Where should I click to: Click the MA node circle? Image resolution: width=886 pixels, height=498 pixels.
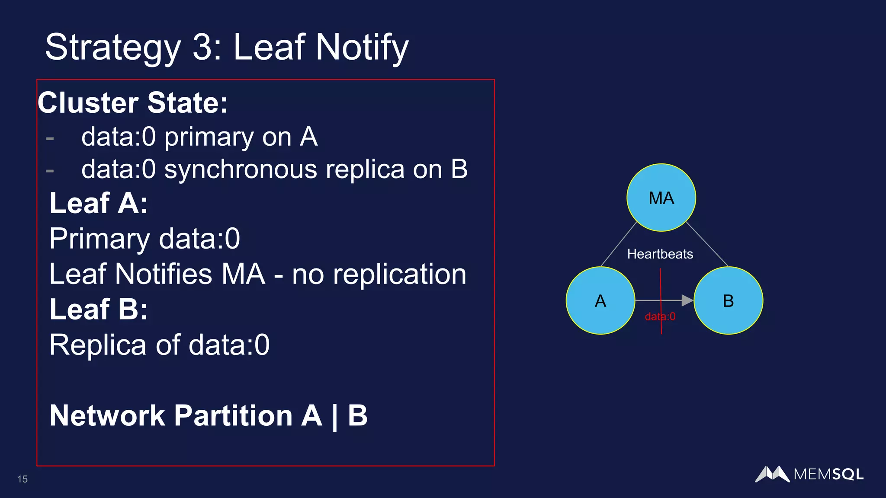pyautogui.click(x=661, y=198)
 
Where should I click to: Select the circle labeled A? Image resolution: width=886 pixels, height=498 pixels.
pyautogui.click(x=600, y=300)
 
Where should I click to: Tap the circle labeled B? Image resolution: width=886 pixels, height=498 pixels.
pyautogui.click(x=728, y=300)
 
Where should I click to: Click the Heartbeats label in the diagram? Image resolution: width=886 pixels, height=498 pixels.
pyautogui.click(x=660, y=254)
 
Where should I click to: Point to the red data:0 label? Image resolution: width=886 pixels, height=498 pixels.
pyautogui.click(x=660, y=317)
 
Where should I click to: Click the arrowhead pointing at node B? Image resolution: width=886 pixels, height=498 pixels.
pyautogui.click(x=687, y=300)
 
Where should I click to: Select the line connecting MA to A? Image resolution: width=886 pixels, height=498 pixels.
pyautogui.click(x=619, y=244)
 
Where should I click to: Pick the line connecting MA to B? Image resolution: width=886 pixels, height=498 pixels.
pyautogui.click(x=707, y=244)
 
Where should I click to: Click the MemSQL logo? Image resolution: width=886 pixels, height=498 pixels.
pyautogui.click(x=809, y=474)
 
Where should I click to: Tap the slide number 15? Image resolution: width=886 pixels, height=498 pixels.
pyautogui.click(x=22, y=479)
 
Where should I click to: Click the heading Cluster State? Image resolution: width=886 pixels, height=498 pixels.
pyautogui.click(x=133, y=103)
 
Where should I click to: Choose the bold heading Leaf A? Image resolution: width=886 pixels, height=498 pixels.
pyautogui.click(x=99, y=203)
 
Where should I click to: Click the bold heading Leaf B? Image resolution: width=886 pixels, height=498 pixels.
pyautogui.click(x=99, y=309)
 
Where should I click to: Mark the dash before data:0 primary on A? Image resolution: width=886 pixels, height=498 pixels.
pyautogui.click(x=50, y=138)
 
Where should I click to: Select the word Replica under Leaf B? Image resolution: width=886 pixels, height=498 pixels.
pyautogui.click(x=98, y=345)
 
